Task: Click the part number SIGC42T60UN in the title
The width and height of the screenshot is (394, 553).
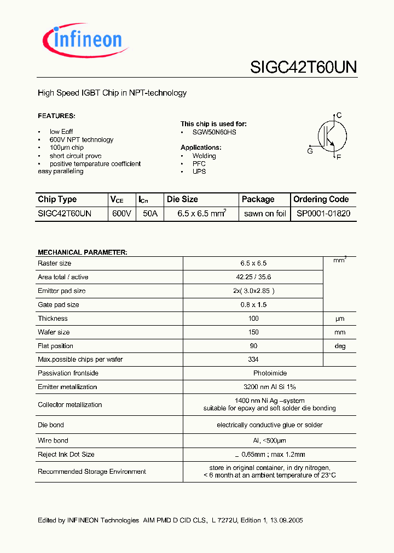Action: point(303,67)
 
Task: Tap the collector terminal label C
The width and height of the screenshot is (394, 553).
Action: point(339,115)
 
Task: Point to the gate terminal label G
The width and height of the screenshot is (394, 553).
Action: point(310,151)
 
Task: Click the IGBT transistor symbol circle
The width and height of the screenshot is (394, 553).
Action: point(332,136)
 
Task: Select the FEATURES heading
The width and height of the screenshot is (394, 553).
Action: point(56,116)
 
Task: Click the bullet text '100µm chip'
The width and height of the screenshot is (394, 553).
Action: point(66,148)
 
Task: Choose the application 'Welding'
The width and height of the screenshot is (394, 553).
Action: point(204,156)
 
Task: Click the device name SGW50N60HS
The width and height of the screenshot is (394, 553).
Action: point(215,132)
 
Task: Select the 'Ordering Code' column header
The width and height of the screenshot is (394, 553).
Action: point(321,199)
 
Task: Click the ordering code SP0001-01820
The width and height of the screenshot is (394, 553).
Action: point(323,214)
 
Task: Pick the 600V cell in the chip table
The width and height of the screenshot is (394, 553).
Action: point(121,214)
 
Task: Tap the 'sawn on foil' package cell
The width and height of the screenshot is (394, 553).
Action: point(265,214)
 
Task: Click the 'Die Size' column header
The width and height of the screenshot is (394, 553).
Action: point(182,199)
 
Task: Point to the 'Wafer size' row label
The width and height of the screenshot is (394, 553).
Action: point(54,332)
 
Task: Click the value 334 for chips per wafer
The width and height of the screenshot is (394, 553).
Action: point(253,360)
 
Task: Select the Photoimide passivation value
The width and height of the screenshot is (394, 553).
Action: point(253,373)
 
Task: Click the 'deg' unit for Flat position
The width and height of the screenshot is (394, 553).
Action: point(340,346)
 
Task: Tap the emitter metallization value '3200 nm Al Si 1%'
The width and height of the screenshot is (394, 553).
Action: point(253,387)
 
